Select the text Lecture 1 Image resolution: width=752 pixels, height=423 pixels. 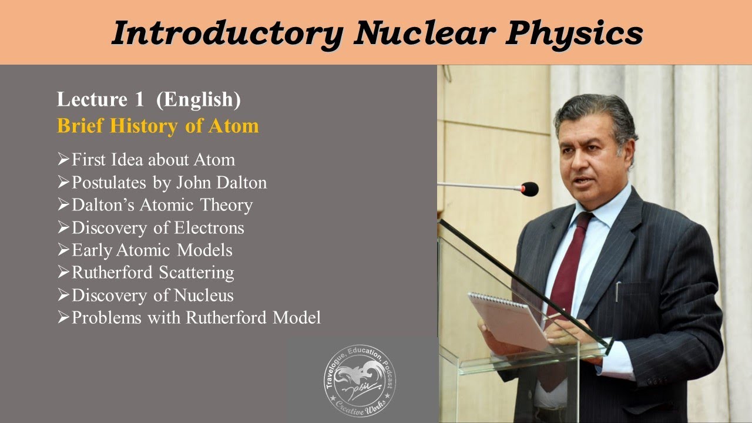[100, 100]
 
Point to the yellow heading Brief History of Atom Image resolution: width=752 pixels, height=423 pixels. [157, 126]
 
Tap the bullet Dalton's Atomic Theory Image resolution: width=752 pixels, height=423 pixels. [162, 205]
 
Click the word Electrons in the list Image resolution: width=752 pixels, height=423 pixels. [209, 227]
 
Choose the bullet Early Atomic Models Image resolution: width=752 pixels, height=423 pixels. [152, 250]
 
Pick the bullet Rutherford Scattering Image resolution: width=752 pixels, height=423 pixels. [153, 273]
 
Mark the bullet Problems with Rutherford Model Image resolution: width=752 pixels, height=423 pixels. [196, 318]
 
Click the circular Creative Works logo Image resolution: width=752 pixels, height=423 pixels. [360, 381]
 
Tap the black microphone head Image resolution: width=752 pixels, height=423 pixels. [529, 189]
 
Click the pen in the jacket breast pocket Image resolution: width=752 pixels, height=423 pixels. [617, 290]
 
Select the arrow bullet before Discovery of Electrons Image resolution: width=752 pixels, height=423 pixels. [63, 227]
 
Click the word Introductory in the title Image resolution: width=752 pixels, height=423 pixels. [226, 33]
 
